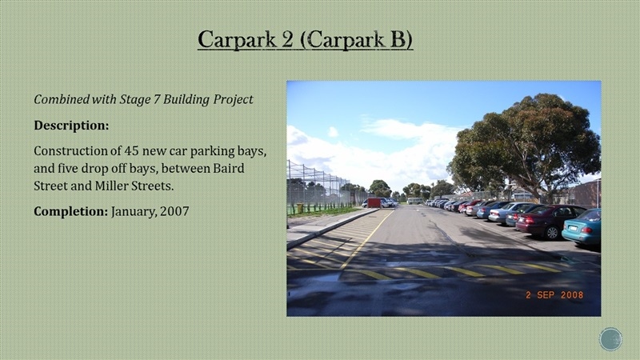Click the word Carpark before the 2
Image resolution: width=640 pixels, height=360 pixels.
tap(237, 39)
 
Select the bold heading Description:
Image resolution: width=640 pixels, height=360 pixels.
tap(71, 126)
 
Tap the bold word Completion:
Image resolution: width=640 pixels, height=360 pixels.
tap(71, 211)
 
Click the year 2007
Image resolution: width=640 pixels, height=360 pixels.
tap(174, 211)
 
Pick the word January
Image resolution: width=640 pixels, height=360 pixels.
tap(134, 211)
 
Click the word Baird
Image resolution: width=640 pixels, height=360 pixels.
tap(229, 168)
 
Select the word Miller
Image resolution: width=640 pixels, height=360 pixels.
tap(110, 186)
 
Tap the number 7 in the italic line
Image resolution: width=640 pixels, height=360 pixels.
tap(157, 99)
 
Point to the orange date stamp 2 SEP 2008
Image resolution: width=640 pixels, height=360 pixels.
tap(554, 294)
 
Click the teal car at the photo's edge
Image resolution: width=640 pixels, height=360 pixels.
tap(582, 228)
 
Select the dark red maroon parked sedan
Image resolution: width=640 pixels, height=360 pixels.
tap(550, 221)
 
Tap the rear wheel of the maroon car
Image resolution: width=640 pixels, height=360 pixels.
tap(552, 232)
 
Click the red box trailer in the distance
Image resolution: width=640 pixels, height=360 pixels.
tap(374, 203)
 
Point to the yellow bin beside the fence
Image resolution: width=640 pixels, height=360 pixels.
tap(299, 208)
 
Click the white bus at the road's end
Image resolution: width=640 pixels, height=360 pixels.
tap(415, 201)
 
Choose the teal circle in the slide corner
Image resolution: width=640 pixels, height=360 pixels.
tap(610, 339)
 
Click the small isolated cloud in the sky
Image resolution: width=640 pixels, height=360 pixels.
tap(333, 132)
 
